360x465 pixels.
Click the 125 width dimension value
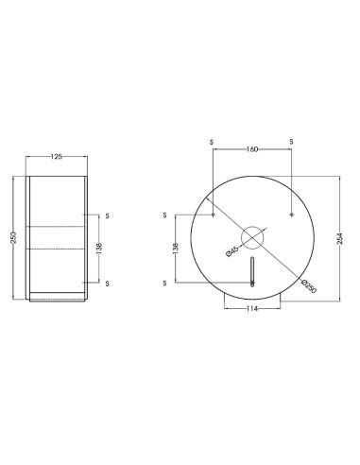57,157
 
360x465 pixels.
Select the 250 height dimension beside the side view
13,238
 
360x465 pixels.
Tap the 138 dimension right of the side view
99,249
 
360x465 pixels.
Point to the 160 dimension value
252,149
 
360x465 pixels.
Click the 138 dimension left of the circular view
176,248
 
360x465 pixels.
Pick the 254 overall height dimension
340,238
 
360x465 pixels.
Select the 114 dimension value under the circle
252,309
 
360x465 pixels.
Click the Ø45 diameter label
232,251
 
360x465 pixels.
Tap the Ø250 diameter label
309,286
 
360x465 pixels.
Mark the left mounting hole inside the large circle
214,215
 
